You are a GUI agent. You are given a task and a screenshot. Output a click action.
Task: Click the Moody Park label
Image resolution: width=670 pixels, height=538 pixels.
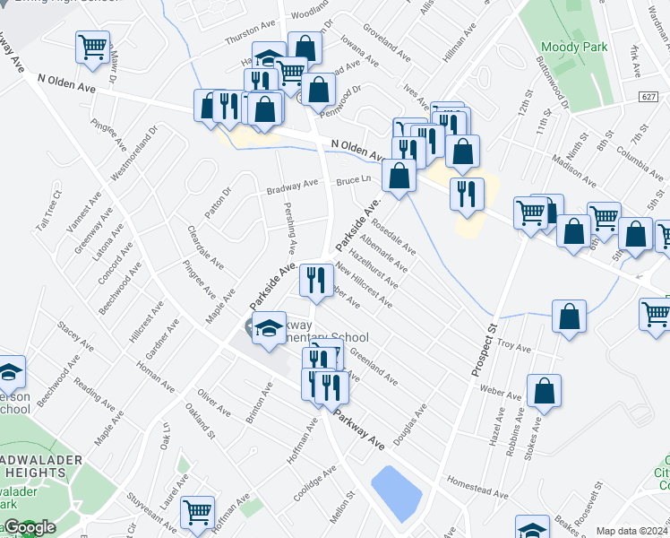tap(574, 47)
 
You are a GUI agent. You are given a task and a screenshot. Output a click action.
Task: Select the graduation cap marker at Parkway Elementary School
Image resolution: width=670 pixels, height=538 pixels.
tap(269, 328)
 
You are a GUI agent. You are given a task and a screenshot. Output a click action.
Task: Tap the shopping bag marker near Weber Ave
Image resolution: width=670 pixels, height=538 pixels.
tap(544, 391)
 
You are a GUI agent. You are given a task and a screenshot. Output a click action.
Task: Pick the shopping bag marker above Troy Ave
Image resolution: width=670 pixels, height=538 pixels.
tap(569, 317)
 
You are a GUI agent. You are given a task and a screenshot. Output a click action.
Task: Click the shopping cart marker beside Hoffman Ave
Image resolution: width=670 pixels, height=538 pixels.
tap(197, 512)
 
